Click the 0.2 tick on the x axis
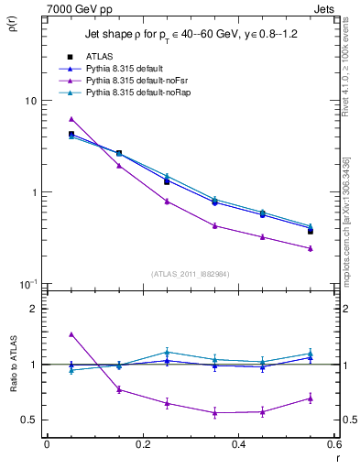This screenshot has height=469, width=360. pos(142,444)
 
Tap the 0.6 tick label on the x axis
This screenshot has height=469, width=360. pos(334,444)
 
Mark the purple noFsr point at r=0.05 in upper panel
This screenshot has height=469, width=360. pos(71,119)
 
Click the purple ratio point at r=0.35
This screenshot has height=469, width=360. pos(214,413)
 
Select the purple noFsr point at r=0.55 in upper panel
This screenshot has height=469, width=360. pos(311,248)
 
